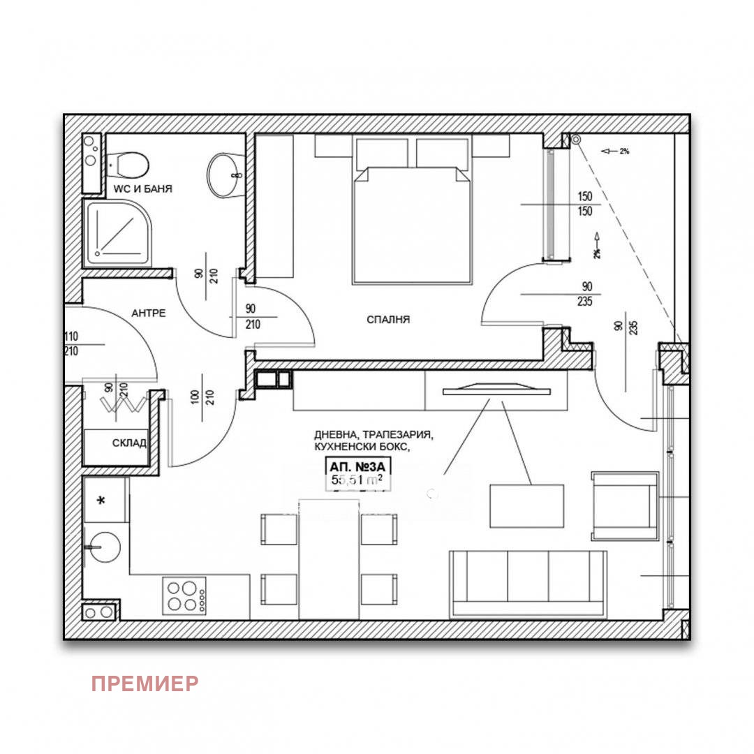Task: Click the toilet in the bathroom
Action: tap(129, 165)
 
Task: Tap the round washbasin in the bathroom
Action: tap(225, 175)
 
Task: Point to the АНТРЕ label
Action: tap(149, 313)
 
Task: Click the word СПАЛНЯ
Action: tap(388, 320)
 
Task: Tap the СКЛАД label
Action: tap(129, 443)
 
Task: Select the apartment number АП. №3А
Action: tap(355, 467)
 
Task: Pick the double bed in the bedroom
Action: tap(411, 223)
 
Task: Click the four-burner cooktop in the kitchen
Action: tap(185, 596)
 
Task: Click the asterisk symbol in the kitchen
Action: tap(102, 501)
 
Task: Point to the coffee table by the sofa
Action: tap(526, 506)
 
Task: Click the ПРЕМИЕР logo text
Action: tap(145, 683)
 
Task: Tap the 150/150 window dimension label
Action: tap(584, 204)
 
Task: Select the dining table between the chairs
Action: tap(329, 559)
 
